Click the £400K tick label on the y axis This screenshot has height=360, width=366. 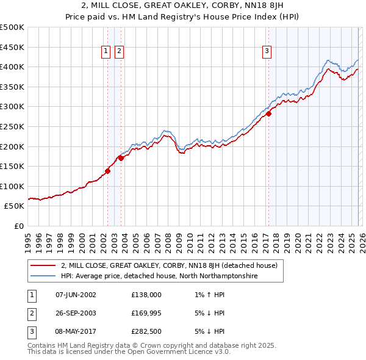12,67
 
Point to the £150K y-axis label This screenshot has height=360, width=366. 12,166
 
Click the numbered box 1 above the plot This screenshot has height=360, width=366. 106,52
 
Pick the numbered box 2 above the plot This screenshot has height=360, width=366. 118,52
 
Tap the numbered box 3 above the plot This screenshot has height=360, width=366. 267,52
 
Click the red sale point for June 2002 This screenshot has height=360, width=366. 108,171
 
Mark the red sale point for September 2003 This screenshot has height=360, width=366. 121,158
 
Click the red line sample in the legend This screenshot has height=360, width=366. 43,265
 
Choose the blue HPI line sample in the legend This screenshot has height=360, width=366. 43,276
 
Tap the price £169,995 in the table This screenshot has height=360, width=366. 146,313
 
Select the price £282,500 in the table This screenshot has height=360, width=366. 146,331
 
